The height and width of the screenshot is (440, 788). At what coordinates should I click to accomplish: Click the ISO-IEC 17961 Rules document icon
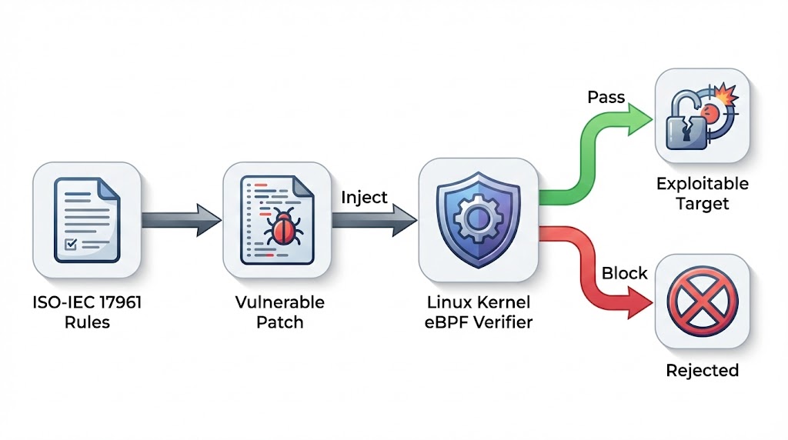[86, 218]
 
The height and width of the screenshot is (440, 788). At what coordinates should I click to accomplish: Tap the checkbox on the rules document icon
[70, 245]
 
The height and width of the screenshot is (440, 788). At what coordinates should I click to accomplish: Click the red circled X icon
[701, 301]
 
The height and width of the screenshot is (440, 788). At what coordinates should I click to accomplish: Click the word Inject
[363, 197]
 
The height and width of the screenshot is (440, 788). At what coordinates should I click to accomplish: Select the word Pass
[606, 98]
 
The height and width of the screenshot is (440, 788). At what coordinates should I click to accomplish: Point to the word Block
[624, 273]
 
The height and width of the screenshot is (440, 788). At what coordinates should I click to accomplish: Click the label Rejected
[702, 370]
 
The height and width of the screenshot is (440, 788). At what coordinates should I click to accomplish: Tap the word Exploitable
[702, 185]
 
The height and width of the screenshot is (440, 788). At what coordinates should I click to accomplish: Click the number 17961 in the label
[117, 302]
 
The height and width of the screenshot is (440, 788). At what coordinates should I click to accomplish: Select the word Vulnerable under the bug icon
[279, 302]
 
